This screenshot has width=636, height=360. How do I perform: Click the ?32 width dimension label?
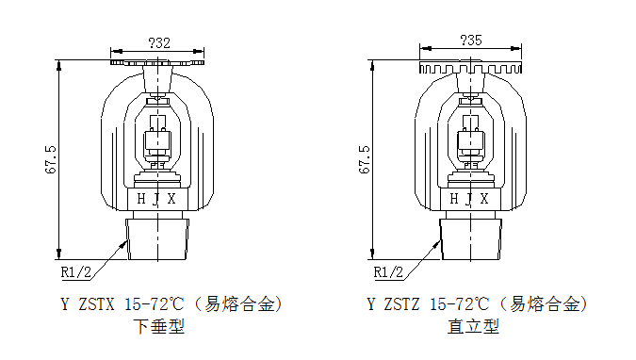tap(159, 43)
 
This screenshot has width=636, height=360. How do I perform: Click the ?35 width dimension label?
tap(471, 41)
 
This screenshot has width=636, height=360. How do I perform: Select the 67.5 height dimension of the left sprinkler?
tap(51, 159)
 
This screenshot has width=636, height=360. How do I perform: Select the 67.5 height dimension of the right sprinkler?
tap(365, 159)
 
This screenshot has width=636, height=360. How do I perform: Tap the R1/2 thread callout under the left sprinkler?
tap(76, 272)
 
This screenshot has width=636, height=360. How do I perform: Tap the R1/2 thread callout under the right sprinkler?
tap(388, 272)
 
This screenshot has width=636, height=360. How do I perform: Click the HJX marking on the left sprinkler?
tap(156, 199)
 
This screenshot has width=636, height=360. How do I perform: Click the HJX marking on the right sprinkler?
tap(470, 199)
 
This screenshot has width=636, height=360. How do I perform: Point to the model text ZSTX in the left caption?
tap(96, 304)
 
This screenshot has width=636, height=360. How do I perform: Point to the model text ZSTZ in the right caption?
tap(401, 304)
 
